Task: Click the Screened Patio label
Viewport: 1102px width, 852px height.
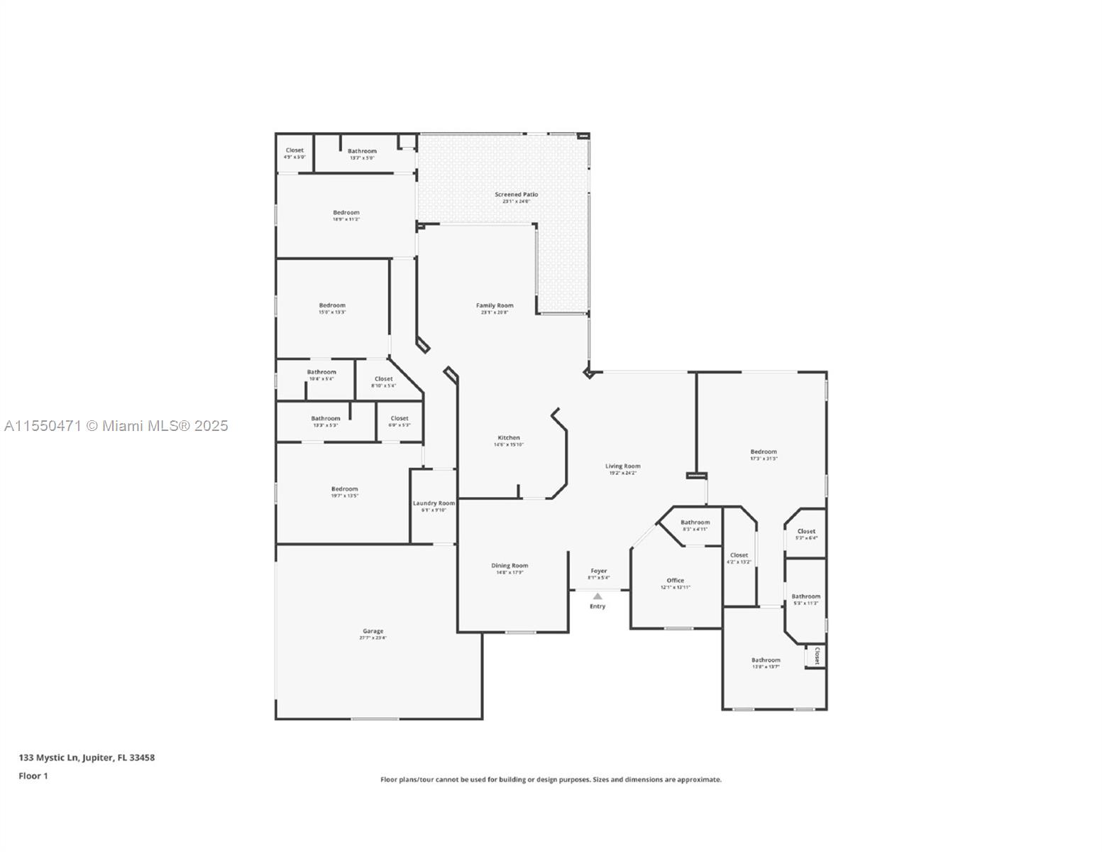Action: (x=517, y=195)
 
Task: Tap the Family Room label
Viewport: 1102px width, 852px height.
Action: (x=495, y=306)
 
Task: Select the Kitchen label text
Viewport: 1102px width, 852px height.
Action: (x=509, y=438)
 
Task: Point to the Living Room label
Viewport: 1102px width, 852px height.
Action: (x=622, y=466)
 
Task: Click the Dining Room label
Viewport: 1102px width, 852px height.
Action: (x=509, y=566)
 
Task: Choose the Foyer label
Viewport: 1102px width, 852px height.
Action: (x=599, y=571)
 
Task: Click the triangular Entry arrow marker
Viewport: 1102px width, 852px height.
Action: (x=597, y=596)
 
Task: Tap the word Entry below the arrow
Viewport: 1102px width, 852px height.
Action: (x=597, y=606)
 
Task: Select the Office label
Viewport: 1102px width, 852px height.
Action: (x=675, y=581)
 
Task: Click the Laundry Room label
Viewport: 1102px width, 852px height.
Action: (x=434, y=503)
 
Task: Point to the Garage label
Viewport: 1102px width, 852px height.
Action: (x=373, y=631)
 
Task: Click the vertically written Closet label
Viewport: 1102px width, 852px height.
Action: (x=817, y=655)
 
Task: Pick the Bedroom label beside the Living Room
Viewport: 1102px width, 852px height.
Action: (x=764, y=452)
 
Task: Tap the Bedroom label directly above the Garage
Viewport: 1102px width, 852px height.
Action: (x=344, y=489)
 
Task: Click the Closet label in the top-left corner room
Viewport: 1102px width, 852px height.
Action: (x=294, y=151)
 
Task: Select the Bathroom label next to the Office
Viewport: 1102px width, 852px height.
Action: (x=695, y=523)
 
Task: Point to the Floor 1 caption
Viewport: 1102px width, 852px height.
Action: (x=33, y=776)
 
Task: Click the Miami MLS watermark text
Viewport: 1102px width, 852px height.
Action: (x=116, y=426)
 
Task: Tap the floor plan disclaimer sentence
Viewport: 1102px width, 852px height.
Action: (x=551, y=780)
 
